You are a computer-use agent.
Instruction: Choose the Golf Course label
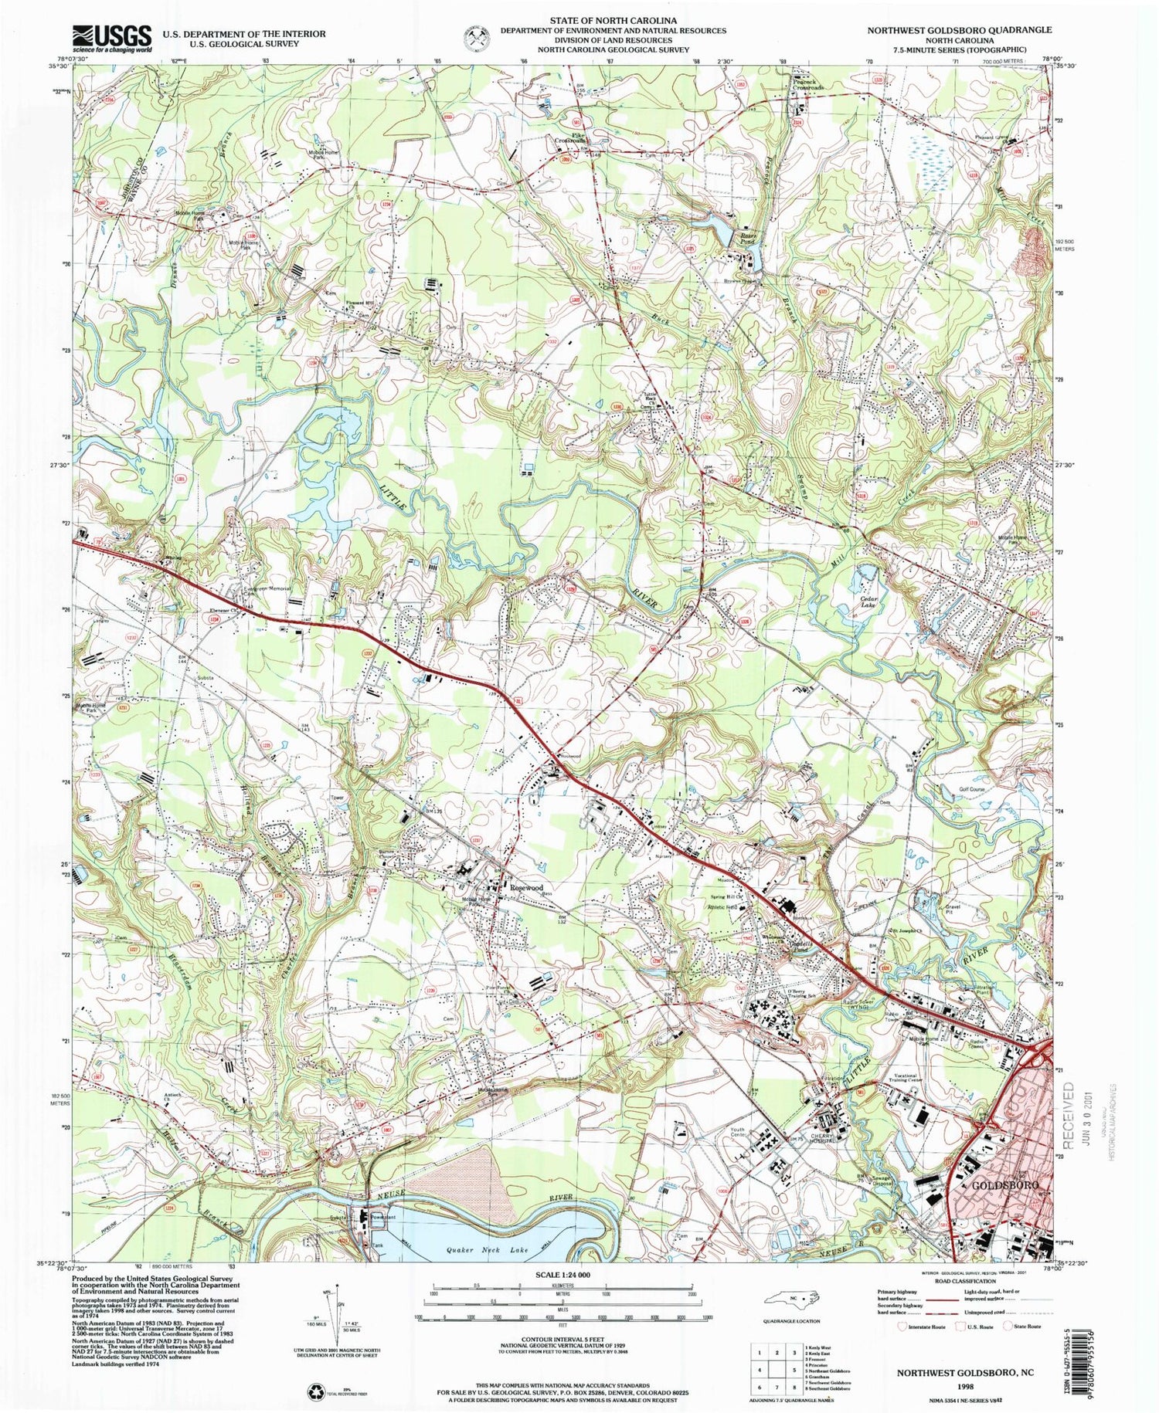tap(974, 791)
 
